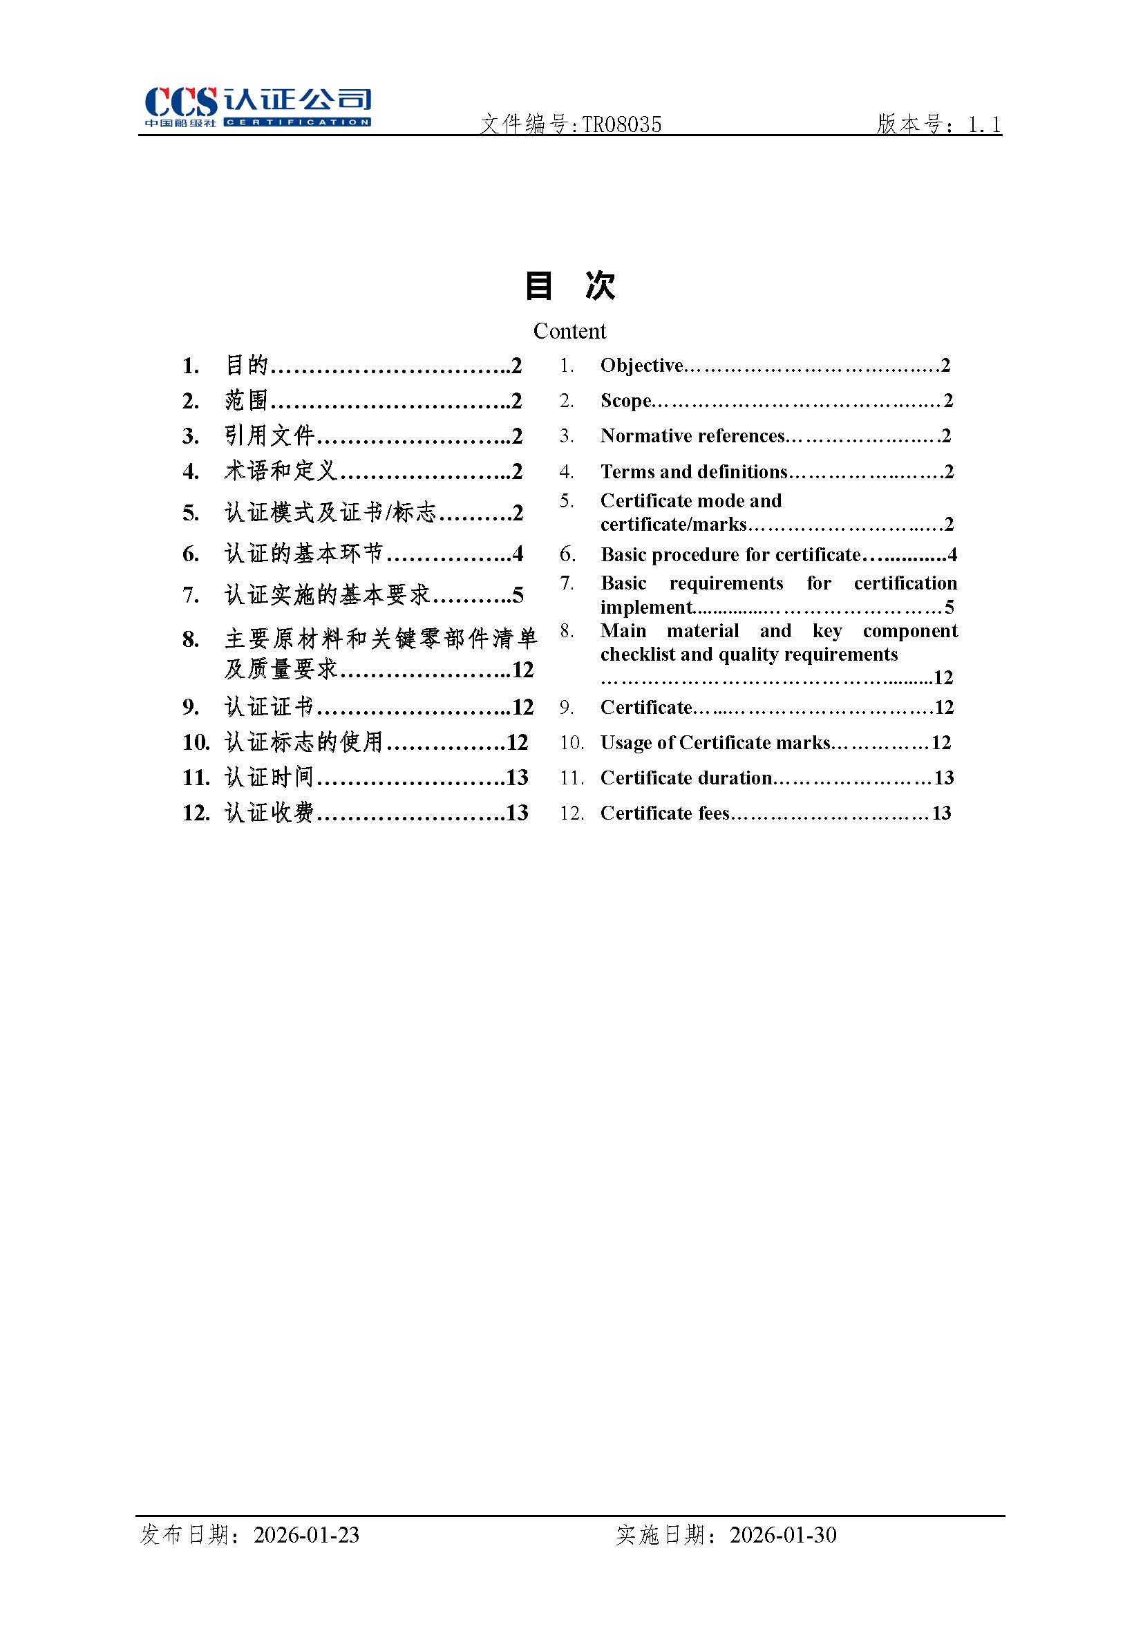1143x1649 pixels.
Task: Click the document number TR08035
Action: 621,124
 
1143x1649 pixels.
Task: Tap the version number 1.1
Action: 984,124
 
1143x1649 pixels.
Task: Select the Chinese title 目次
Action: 570,285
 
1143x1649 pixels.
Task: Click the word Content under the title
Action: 569,331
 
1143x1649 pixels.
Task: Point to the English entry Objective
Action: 641,365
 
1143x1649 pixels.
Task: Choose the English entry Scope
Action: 625,400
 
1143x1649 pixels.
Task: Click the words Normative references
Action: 692,435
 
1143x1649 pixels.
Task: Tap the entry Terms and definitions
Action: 693,471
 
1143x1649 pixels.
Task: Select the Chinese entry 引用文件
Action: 270,435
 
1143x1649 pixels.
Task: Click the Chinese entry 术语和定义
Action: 280,471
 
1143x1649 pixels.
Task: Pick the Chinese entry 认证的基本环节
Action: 303,554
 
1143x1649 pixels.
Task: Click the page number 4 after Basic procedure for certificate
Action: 952,554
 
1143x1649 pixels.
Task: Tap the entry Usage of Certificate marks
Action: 715,742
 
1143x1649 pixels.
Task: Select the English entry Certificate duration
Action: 686,778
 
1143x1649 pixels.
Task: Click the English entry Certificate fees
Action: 664,813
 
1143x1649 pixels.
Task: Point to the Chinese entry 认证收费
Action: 270,813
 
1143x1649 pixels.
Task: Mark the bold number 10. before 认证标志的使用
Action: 196,742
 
